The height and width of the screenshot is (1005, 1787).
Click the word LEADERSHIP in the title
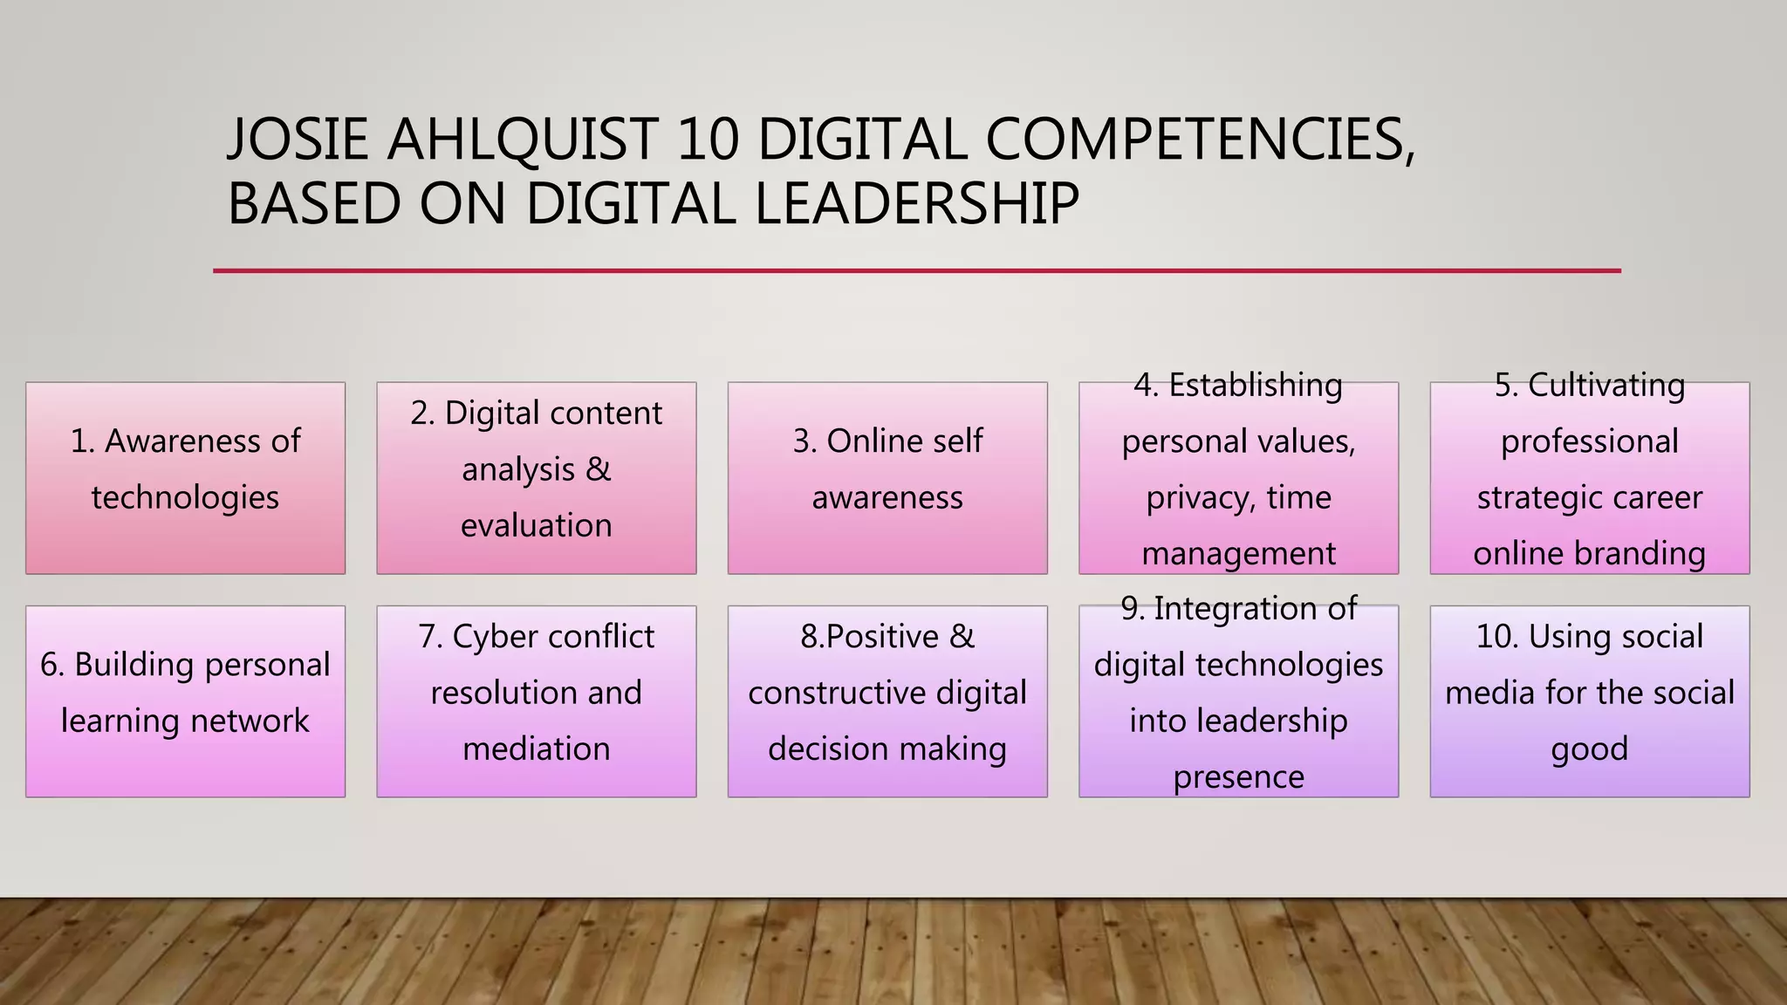[x=916, y=203]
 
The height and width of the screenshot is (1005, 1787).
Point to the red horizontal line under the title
[x=916, y=271]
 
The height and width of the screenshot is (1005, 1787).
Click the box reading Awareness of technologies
[x=185, y=477]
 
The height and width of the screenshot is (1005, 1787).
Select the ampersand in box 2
[x=598, y=469]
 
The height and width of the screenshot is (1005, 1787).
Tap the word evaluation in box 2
[x=536, y=525]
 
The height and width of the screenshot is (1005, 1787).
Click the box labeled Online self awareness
[x=887, y=477]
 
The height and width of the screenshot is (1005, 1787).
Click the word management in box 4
[x=1238, y=553]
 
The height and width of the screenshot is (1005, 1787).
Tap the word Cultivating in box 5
[x=1606, y=385]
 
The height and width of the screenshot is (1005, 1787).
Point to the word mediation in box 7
[x=536, y=749]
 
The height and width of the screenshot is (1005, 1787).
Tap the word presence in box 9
[x=1238, y=776]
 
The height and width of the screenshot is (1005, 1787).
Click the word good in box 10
[x=1589, y=749]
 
